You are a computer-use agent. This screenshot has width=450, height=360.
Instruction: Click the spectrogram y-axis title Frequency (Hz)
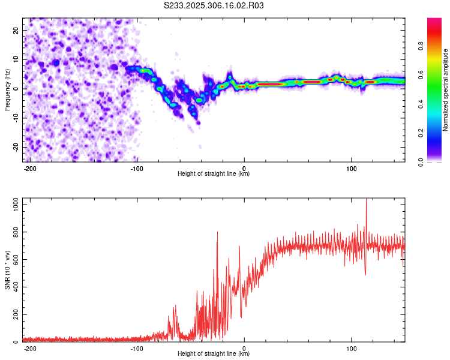tap(7, 89)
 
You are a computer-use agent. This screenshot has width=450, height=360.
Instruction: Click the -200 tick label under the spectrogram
tap(29, 168)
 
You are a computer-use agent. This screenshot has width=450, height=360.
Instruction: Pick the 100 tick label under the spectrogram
tap(351, 168)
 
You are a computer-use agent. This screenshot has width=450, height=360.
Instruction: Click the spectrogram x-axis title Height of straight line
tap(214, 174)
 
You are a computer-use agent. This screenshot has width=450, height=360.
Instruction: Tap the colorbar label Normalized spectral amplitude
tap(446, 90)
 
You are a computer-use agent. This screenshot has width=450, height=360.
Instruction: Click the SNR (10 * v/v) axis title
tap(7, 270)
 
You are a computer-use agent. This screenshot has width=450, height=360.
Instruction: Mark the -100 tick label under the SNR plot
tap(136, 348)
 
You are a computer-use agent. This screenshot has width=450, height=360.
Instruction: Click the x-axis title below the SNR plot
tap(214, 354)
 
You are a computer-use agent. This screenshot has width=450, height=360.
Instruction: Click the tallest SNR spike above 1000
tap(366, 202)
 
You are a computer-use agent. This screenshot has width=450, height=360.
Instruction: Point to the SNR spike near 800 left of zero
tap(217, 233)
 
